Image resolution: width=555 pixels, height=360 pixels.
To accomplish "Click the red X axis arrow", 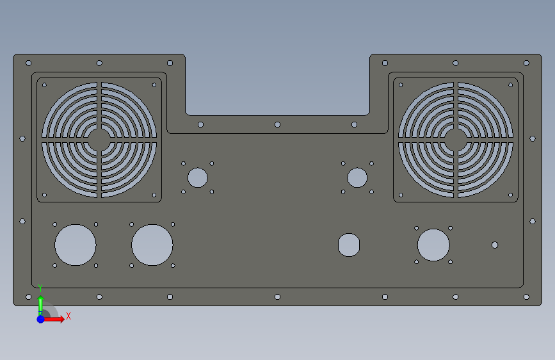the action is (x=54, y=319).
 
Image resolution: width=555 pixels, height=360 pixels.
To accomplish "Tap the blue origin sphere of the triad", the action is (x=41, y=319).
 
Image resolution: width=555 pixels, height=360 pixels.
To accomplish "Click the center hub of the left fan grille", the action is (x=99, y=140).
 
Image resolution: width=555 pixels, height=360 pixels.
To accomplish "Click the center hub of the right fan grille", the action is (x=456, y=140).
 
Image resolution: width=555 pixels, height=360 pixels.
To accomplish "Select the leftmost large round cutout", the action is (x=76, y=245).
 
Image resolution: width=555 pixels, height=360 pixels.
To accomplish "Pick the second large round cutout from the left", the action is (x=152, y=245).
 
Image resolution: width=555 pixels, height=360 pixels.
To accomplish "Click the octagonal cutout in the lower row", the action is (x=349, y=245).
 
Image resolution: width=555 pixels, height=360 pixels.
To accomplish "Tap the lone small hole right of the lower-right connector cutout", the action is (x=495, y=245).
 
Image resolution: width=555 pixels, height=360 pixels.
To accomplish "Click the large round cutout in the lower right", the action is (x=433, y=245).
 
